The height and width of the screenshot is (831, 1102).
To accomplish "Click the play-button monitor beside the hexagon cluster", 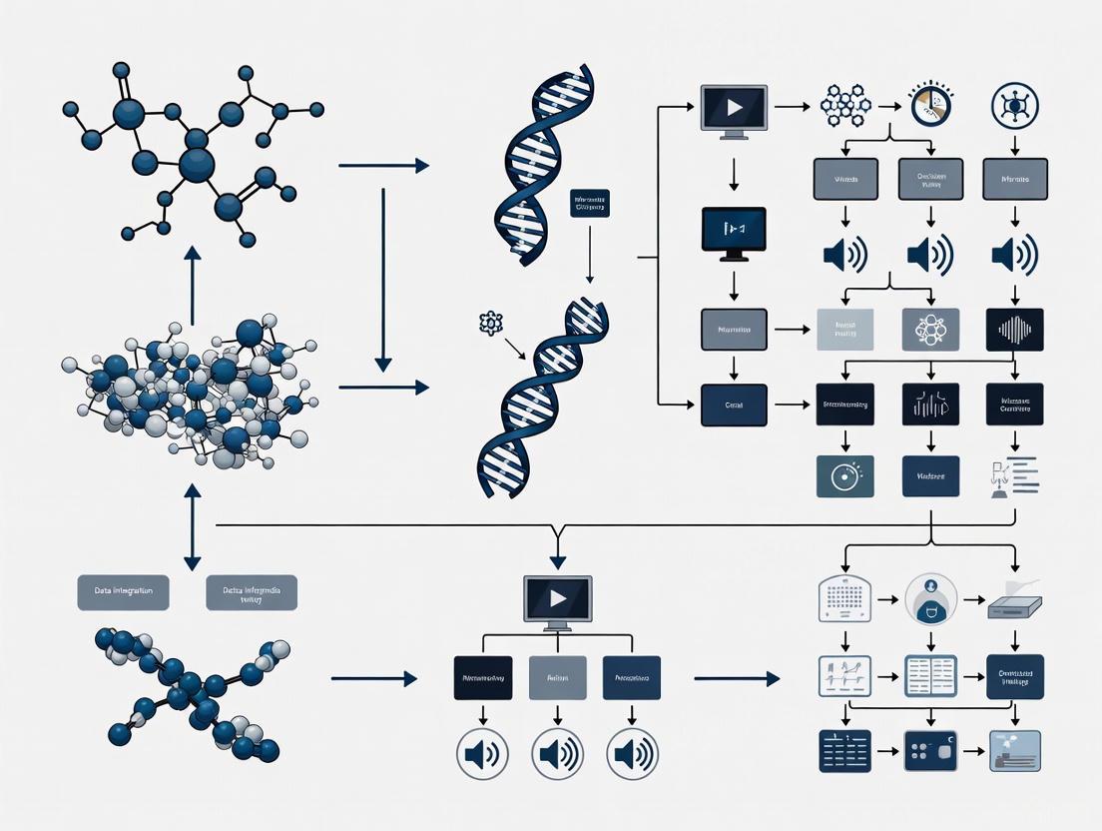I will pos(734,107).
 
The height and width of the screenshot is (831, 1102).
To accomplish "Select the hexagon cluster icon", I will pos(845,105).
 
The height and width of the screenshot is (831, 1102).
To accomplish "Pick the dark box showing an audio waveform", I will pos(1014,330).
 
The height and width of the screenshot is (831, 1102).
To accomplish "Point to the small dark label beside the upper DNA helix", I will pos(590,204).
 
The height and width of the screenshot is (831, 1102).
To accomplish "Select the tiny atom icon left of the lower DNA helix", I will pos(490,323).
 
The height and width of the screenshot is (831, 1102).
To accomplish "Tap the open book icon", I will pos(930,676).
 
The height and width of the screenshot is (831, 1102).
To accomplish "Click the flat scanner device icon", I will pos(1014,603).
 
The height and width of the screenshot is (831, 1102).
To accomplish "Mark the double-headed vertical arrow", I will pos(192,527).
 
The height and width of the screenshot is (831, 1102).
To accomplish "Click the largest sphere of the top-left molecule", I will pos(197,164).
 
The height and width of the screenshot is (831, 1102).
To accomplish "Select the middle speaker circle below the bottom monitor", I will pos(557,753).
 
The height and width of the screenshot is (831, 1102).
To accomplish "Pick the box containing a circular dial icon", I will pos(844,476).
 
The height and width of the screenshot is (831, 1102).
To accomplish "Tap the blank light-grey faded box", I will pos(844,330).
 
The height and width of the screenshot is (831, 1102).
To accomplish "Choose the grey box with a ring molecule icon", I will pos(929,330).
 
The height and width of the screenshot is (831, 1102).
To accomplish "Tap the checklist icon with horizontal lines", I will pos(1014,476).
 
